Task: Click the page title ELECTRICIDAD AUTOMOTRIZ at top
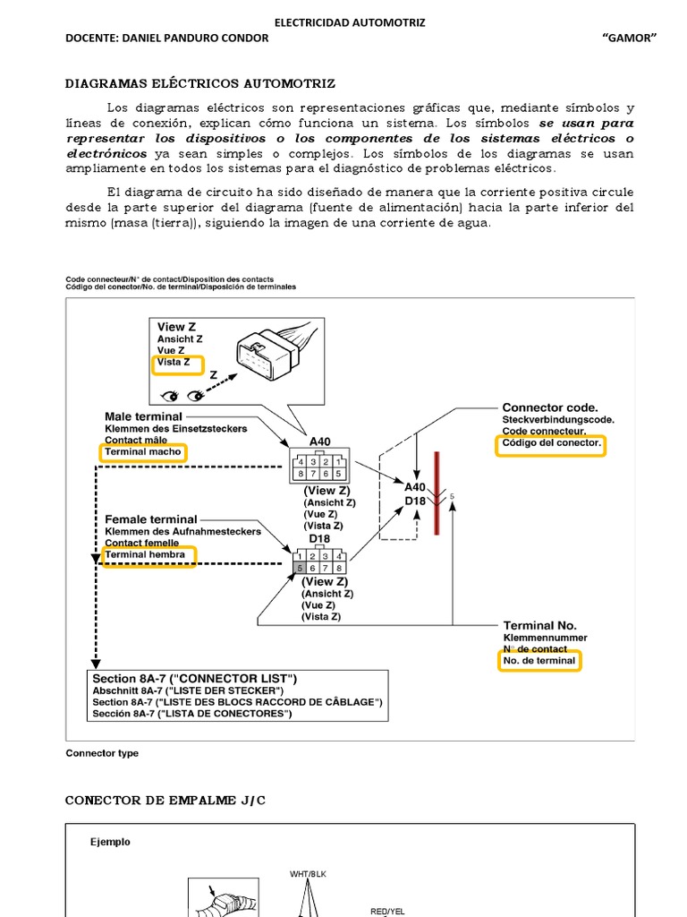click(349, 21)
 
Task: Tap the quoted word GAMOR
click(630, 37)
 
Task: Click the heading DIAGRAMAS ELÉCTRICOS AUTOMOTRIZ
click(200, 83)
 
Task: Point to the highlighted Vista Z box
click(177, 364)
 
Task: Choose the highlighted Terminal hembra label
click(147, 555)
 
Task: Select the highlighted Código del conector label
click(550, 444)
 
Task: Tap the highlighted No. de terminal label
click(539, 661)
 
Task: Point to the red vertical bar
click(437, 493)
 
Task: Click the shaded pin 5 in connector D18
click(300, 568)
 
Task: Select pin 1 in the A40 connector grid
click(340, 462)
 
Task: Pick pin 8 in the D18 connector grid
click(340, 568)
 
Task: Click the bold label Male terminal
click(143, 416)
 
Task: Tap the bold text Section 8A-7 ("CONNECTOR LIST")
click(195, 678)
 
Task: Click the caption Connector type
click(102, 753)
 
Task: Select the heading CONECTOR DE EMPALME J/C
click(165, 800)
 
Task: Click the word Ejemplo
click(110, 842)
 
